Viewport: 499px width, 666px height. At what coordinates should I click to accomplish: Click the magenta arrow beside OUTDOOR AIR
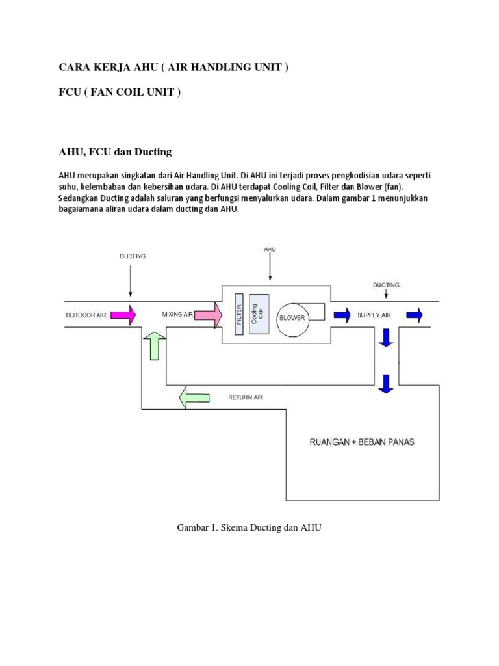tap(123, 315)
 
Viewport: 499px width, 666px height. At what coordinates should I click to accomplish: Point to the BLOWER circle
tap(292, 318)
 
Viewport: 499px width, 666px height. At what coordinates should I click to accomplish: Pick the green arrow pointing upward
tap(155, 345)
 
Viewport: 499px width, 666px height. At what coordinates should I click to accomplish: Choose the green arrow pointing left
tap(194, 397)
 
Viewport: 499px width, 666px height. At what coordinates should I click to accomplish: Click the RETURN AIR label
tap(246, 397)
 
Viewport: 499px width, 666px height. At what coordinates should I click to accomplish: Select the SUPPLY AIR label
tap(374, 315)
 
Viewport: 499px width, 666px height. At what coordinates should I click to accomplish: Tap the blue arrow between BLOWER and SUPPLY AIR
tap(340, 315)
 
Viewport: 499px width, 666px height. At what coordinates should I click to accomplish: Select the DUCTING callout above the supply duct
tap(386, 285)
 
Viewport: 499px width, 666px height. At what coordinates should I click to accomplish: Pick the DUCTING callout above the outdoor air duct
tap(133, 256)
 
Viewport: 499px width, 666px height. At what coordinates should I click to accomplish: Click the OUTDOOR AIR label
tap(86, 315)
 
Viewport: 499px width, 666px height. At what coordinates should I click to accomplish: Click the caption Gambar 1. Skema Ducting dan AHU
tap(249, 528)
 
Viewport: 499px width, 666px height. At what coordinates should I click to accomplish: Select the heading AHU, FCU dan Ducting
tap(115, 152)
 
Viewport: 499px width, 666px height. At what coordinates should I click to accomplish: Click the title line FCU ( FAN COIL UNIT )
tap(120, 92)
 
